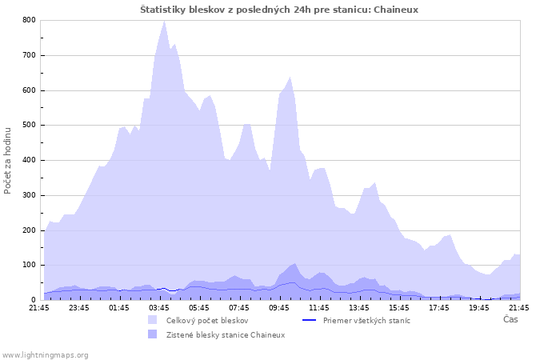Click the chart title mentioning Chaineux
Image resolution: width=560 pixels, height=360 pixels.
pyautogui.click(x=279, y=10)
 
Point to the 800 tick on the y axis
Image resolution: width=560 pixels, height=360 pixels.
pyautogui.click(x=29, y=20)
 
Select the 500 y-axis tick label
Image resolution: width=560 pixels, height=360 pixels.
pyautogui.click(x=29, y=126)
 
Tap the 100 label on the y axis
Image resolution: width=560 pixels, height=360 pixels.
pyautogui.click(x=29, y=266)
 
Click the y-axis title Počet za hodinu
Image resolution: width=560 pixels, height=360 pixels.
pyautogui.click(x=8, y=160)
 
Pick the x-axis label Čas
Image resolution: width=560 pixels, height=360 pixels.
pyautogui.click(x=510, y=319)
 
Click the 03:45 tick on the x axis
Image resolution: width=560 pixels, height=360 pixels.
pyautogui.click(x=159, y=307)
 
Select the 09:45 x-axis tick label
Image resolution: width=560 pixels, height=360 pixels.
pyautogui.click(x=279, y=307)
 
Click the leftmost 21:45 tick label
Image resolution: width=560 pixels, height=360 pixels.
pyautogui.click(x=39, y=307)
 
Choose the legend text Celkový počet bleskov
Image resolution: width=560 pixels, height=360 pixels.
pyautogui.click(x=207, y=321)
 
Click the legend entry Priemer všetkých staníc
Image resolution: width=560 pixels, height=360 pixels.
pyautogui.click(x=366, y=321)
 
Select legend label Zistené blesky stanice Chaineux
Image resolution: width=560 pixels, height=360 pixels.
pyautogui.click(x=226, y=334)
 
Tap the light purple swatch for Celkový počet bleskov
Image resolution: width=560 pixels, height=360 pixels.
pyautogui.click(x=152, y=321)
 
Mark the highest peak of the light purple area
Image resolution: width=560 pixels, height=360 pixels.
pyautogui.click(x=164, y=22)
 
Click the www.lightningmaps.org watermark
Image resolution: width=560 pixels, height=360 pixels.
pyautogui.click(x=46, y=354)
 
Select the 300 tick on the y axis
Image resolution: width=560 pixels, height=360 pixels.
pyautogui.click(x=29, y=195)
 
